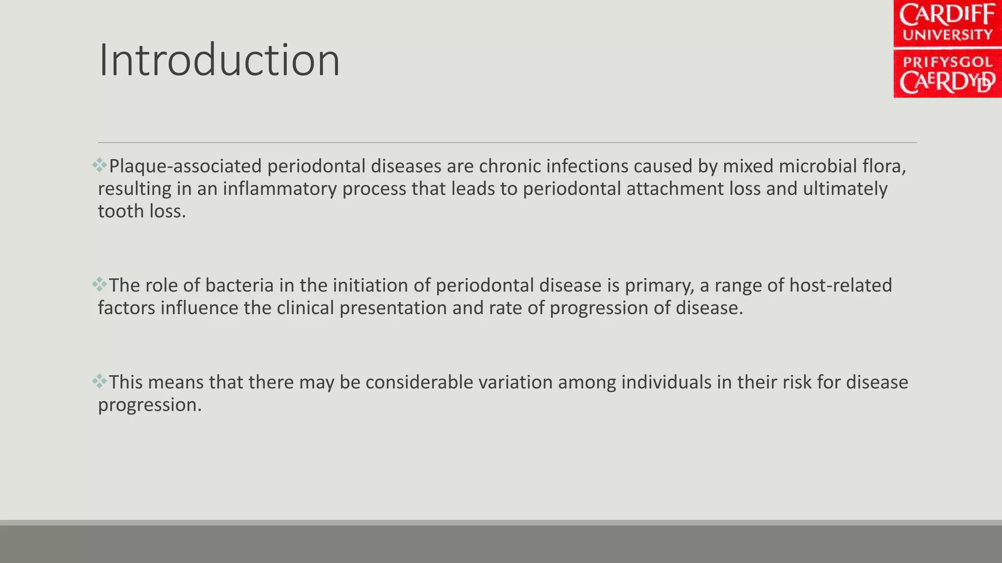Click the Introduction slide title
tap(219, 61)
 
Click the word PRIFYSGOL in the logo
tap(947, 62)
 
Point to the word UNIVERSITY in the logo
tap(947, 35)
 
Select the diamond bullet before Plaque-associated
tap(99, 165)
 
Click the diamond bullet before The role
tap(99, 284)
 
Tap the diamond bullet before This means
tap(99, 381)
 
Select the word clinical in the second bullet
tap(305, 308)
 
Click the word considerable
tap(419, 383)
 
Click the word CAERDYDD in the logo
tap(947, 83)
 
